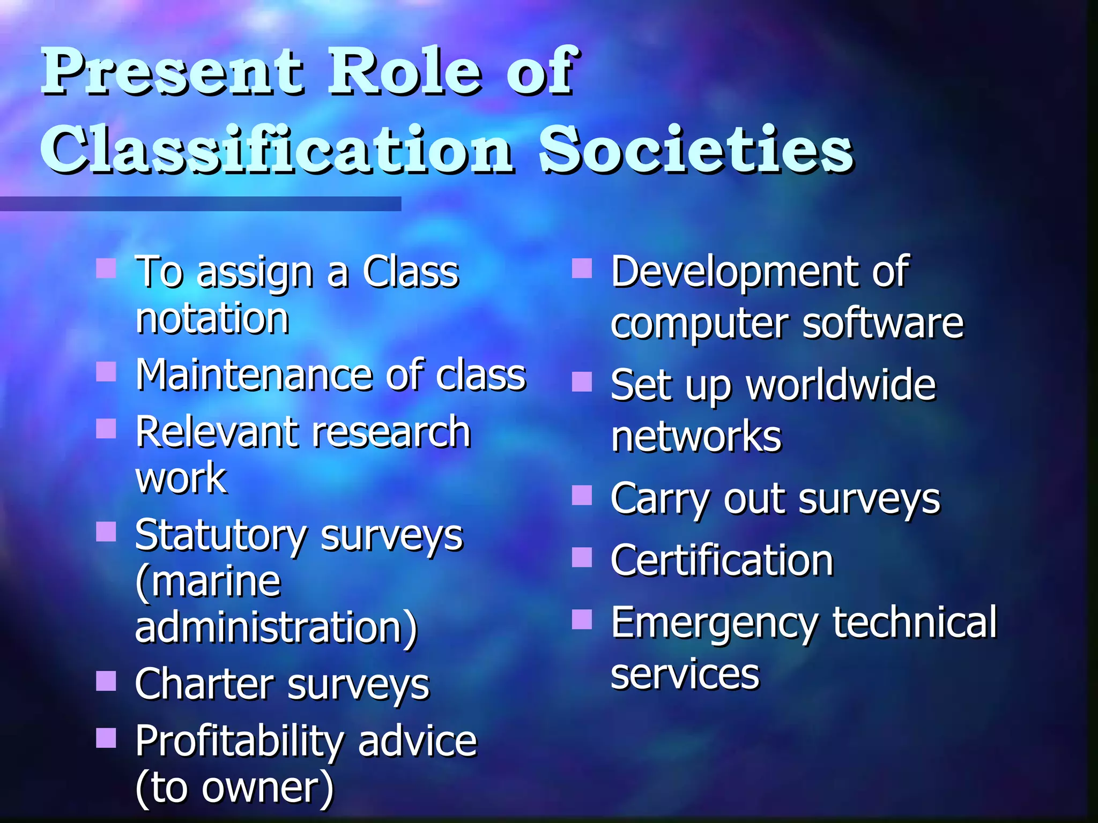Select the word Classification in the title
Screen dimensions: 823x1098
tap(277, 150)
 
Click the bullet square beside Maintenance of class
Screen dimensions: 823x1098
tap(106, 371)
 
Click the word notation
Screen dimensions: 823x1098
tap(212, 319)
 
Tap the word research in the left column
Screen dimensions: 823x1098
tap(391, 432)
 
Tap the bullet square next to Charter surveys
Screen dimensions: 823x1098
tap(106, 681)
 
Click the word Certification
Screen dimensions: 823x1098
tap(722, 560)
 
